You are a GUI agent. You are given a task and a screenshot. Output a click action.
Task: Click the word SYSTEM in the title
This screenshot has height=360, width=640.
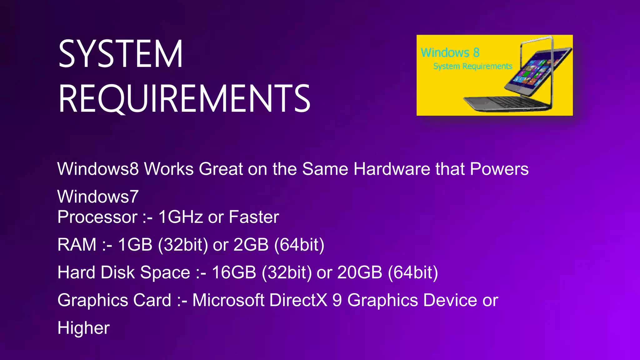coord(120,54)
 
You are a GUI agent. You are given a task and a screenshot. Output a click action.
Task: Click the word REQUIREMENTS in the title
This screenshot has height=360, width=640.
coord(184,98)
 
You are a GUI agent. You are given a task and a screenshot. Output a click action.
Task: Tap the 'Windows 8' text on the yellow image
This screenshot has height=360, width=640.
coord(450,52)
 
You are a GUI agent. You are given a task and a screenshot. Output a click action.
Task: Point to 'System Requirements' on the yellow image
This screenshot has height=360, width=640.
coord(472,66)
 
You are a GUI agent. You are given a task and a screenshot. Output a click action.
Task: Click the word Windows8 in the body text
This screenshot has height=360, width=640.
coord(98,169)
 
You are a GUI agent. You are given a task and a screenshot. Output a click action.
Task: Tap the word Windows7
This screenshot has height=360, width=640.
coord(98,197)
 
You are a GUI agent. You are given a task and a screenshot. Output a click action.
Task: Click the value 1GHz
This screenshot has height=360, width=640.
coord(181,217)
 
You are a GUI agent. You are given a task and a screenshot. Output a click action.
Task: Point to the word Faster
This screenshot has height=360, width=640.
coord(254,217)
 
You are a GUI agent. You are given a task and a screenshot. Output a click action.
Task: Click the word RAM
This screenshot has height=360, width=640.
coord(77,244)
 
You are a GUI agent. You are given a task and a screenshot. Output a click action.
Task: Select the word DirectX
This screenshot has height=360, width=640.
coord(298,300)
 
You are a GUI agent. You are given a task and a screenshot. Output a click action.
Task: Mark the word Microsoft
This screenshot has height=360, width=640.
coord(228,300)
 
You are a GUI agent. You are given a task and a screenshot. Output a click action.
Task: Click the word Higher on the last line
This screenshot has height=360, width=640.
coord(83,328)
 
